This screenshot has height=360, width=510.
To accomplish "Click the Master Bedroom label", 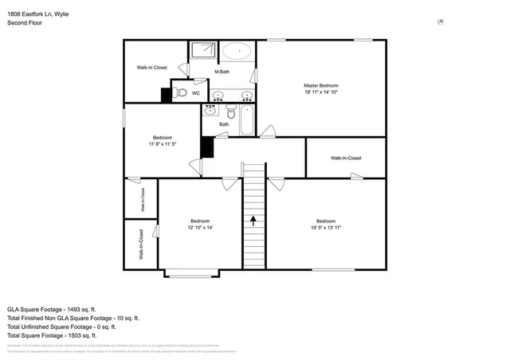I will [321, 85].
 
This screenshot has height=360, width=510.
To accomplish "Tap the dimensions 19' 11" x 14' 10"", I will [321, 92].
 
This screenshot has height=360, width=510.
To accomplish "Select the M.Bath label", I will [222, 72].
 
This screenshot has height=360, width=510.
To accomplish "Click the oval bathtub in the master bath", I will [236, 52].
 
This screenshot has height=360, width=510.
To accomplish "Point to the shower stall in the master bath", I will [202, 50].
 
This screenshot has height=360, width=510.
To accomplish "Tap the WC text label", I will [196, 93].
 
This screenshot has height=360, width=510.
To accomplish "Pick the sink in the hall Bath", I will [212, 110].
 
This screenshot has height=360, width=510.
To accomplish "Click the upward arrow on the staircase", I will [253, 220].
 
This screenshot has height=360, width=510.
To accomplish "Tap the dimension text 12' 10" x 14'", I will [200, 228].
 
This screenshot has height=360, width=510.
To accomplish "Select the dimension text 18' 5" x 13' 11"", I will [326, 228].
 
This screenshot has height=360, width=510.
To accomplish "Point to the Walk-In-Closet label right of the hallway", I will [346, 158].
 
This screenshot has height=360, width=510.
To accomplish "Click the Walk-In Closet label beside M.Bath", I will [151, 68].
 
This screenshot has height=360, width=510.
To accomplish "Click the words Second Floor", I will [25, 23].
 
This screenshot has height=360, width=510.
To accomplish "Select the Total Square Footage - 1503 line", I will [62, 335].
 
